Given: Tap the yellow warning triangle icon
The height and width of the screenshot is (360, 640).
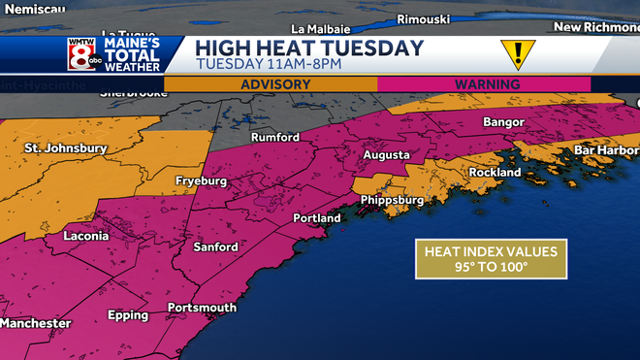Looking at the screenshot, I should [516, 53].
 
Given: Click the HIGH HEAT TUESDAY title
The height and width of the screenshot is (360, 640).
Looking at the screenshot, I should [309, 48].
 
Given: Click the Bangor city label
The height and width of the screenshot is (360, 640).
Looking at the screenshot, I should [503, 122].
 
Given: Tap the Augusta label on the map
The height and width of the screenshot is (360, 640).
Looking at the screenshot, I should [387, 155].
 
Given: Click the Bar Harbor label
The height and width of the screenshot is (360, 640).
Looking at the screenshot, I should [606, 150].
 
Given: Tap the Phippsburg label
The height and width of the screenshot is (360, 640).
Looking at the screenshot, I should [392, 200].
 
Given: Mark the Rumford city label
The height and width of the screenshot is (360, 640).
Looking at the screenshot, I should [275, 138].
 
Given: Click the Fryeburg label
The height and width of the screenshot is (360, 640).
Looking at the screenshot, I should [201, 181].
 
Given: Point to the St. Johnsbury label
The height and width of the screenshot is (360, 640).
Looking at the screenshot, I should [66, 148].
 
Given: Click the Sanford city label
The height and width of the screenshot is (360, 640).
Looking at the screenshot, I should [214, 247].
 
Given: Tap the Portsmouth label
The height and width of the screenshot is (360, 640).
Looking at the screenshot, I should [202, 308].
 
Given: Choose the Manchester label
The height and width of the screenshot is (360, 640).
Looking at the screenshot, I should [35, 323].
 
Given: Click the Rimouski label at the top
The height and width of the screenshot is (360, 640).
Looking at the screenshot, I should [428, 18].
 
